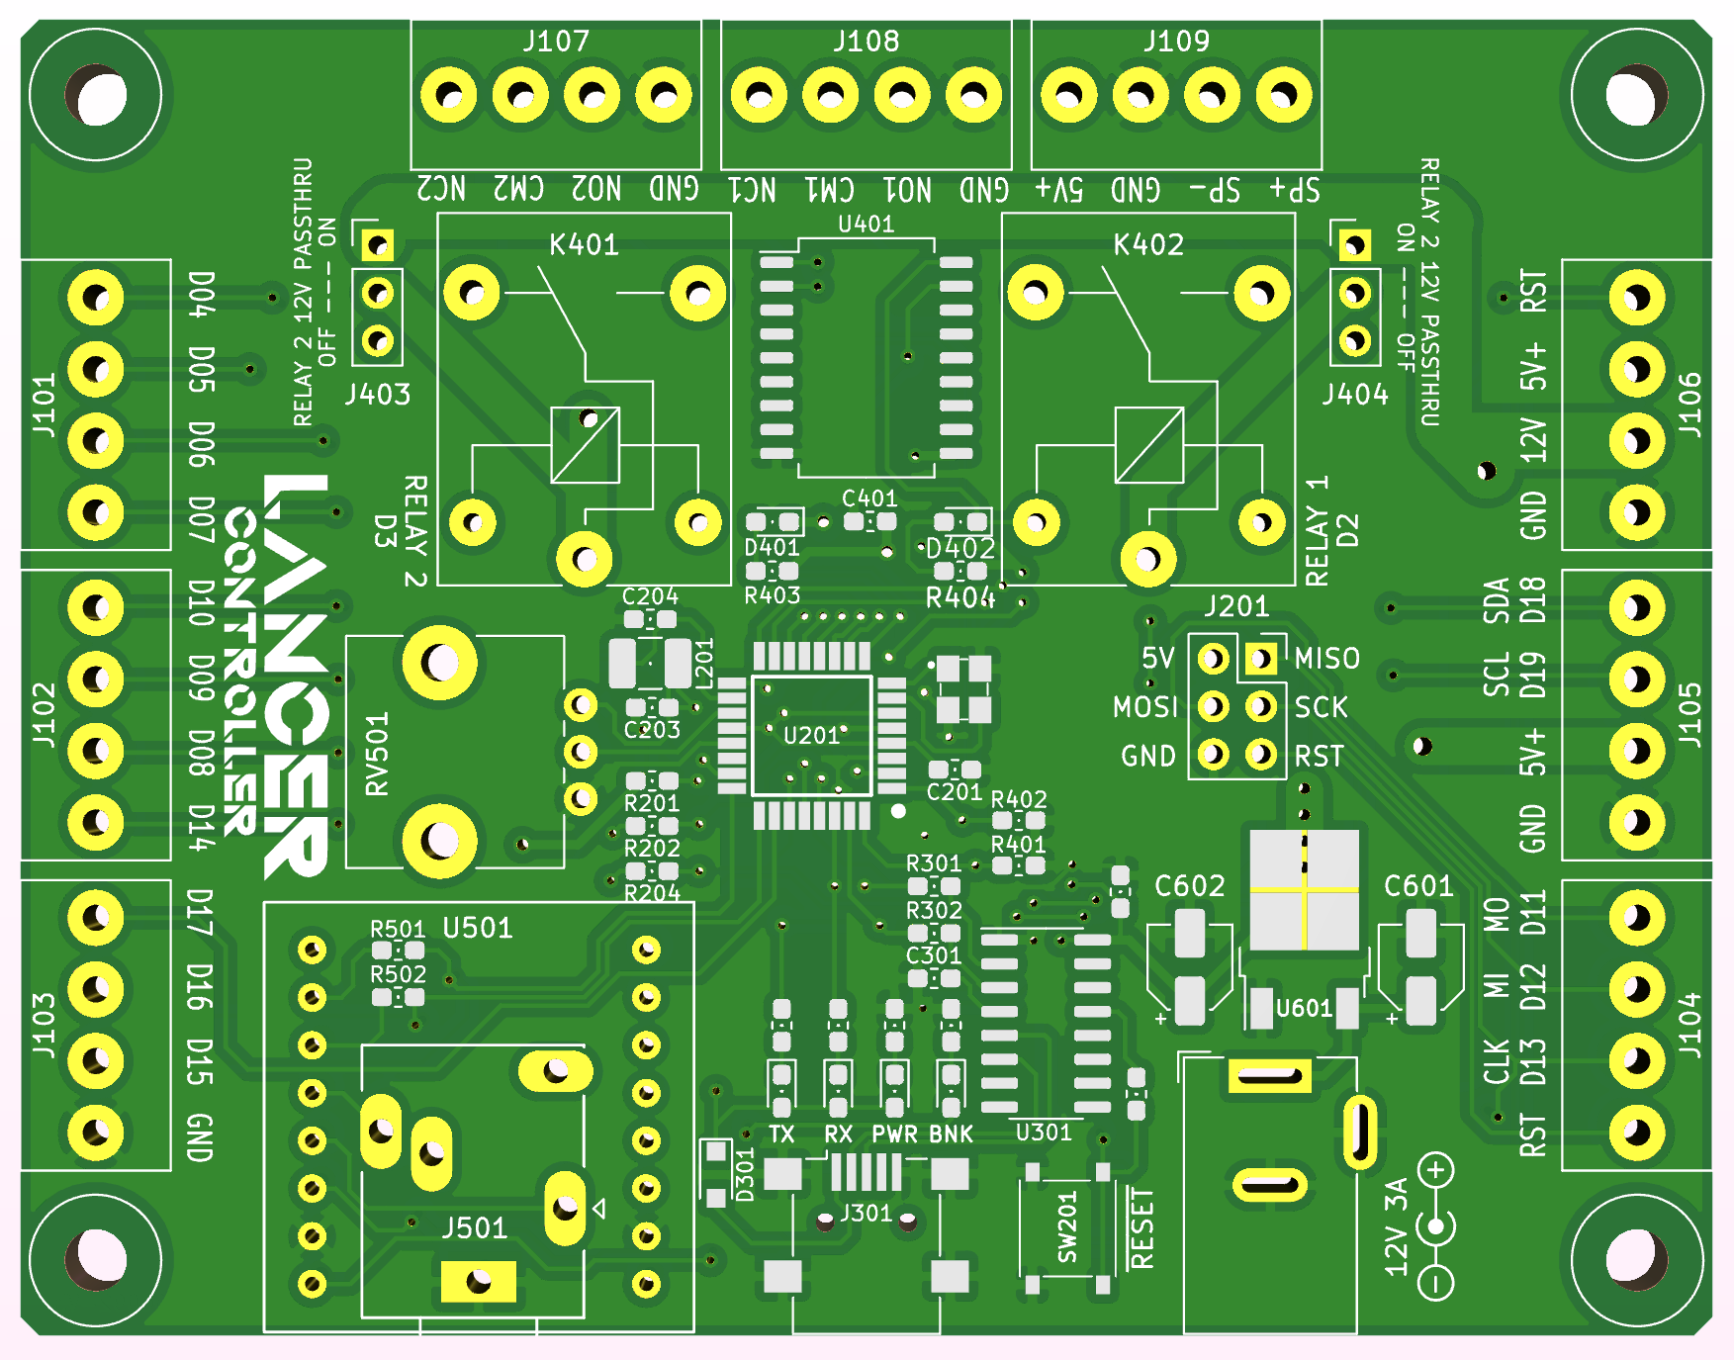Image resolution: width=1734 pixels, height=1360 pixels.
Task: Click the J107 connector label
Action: point(556,42)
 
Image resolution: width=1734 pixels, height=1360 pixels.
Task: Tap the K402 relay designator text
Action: point(1147,244)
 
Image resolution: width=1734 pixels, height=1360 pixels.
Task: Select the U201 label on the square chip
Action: point(811,736)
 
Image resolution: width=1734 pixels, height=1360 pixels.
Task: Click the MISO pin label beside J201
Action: point(1326,659)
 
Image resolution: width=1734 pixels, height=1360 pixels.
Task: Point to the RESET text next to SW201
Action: point(1141,1229)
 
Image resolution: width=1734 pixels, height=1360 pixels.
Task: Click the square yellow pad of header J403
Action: point(377,244)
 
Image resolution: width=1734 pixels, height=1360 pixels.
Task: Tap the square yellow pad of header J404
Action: point(1354,244)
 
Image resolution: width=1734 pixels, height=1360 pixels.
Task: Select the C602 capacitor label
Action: point(1189,886)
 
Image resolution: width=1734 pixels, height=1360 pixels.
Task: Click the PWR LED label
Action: point(894,1134)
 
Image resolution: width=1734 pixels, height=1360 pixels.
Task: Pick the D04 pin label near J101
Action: point(201,294)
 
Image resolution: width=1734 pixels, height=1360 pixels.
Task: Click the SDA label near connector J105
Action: point(1497,600)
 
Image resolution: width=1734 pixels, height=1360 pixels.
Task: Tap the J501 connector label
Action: point(474,1228)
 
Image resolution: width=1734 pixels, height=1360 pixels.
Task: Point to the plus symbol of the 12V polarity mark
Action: point(1436,1171)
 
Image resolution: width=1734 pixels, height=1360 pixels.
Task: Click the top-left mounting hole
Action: point(96,97)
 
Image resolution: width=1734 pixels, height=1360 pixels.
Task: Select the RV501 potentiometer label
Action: point(378,755)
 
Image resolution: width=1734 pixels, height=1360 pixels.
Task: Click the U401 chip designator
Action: point(866,225)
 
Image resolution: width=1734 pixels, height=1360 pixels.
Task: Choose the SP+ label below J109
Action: point(1294,189)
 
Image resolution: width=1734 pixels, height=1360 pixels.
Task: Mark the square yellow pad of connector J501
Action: point(478,1282)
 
